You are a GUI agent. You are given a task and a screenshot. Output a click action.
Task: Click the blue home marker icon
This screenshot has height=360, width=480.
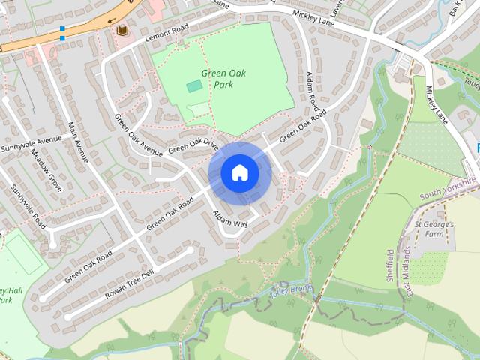(x=240, y=173)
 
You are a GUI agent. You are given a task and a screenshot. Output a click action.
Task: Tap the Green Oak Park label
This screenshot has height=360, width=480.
(x=223, y=79)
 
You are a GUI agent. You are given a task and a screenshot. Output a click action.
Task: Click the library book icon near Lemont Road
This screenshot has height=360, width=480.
(x=121, y=31)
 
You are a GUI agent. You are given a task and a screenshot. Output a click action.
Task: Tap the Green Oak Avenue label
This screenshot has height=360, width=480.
(x=137, y=136)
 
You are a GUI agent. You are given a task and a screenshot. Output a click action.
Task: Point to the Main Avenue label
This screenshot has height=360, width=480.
(x=78, y=142)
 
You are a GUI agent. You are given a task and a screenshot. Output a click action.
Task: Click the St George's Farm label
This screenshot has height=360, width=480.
(x=433, y=230)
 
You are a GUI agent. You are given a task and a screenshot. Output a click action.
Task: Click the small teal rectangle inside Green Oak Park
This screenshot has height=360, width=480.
(x=194, y=86)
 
